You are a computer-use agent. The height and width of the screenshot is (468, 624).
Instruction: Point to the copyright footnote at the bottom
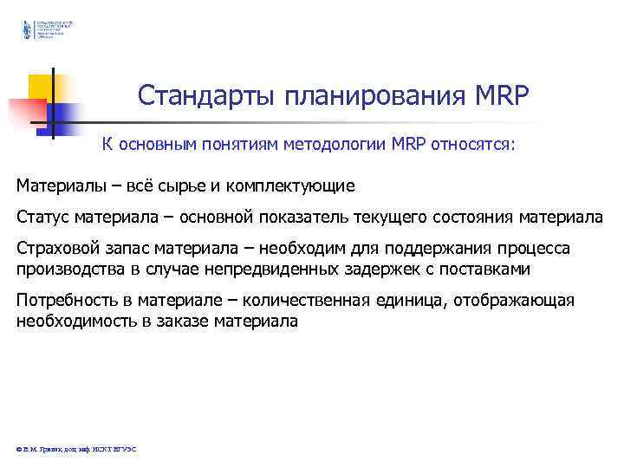(76, 448)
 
